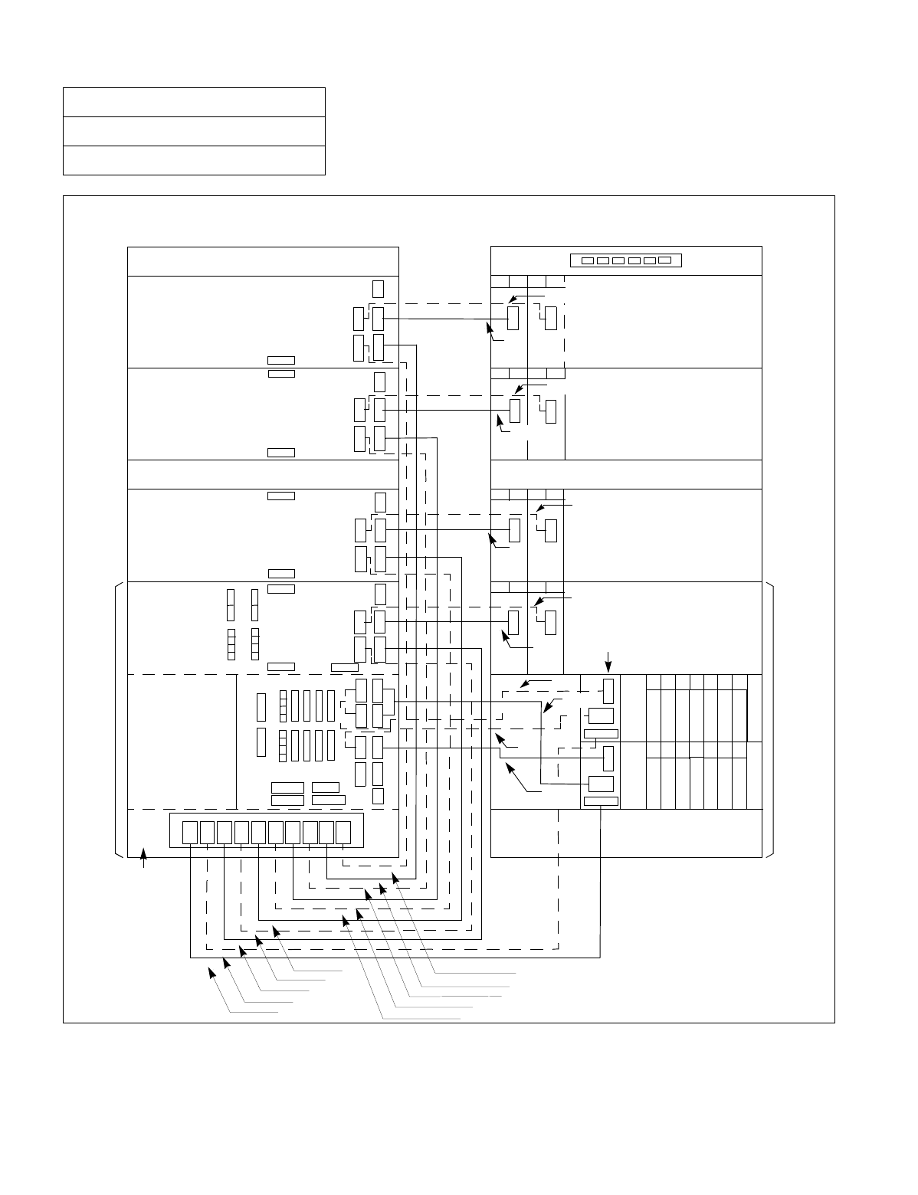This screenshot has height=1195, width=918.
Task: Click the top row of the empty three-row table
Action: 194,102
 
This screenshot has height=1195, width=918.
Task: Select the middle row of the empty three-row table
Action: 194,131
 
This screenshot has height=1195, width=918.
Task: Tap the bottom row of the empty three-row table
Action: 194,160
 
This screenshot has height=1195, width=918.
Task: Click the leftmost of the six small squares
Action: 588,260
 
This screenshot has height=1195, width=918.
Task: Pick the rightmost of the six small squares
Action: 665,260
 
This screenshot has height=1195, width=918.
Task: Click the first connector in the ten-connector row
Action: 190,833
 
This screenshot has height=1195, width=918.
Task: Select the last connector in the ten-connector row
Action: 343,833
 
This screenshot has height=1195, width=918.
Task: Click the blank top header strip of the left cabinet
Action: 263,261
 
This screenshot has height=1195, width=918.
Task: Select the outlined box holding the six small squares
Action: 626,260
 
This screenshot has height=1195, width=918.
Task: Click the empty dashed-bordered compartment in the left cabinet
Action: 182,741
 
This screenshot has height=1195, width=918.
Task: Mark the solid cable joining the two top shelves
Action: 444,318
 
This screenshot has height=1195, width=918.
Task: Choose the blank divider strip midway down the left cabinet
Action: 263,474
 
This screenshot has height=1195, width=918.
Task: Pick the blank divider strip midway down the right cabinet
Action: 626,474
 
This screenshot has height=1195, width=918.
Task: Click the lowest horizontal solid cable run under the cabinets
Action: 395,957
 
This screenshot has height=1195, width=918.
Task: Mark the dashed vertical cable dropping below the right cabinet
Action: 559,881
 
